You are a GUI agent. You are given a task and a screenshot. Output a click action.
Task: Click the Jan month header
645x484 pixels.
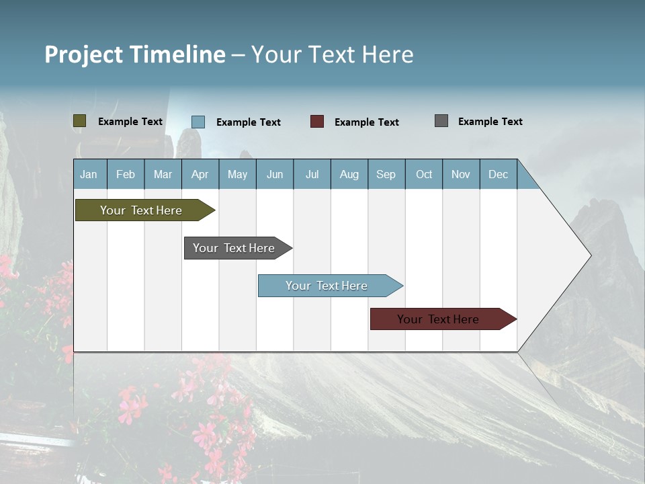[89, 174]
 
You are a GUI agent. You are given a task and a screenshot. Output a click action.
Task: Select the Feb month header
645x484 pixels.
[126, 174]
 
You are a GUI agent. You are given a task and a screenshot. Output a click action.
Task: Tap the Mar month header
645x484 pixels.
[163, 174]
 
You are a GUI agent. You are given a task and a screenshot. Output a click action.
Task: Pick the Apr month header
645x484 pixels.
[200, 174]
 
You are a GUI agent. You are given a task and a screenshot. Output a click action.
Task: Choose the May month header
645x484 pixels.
[237, 174]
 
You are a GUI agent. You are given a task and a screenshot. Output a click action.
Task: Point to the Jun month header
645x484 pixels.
[275, 174]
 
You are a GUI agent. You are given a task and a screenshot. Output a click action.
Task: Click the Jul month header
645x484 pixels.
[312, 174]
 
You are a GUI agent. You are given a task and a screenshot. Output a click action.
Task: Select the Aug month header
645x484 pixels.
[349, 174]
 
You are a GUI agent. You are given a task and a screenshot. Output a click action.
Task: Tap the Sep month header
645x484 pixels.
[386, 174]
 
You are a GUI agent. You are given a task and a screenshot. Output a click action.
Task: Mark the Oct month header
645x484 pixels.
[424, 174]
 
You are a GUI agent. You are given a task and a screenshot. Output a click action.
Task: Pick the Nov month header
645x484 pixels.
[461, 174]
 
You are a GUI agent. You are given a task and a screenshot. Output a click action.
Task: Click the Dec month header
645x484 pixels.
[499, 174]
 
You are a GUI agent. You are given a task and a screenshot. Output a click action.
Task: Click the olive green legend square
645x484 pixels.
[80, 121]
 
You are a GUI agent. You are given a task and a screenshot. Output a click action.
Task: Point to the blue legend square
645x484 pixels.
[198, 122]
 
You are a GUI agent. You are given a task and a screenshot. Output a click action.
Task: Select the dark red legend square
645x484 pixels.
[317, 122]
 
